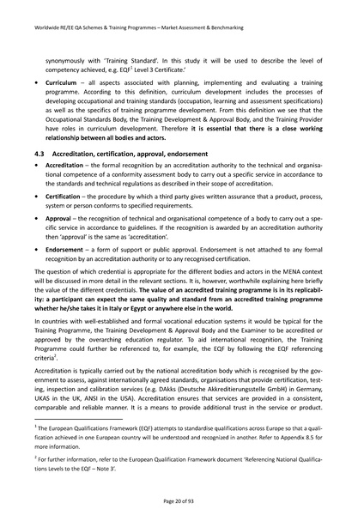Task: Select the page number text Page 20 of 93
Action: click(x=182, y=499)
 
